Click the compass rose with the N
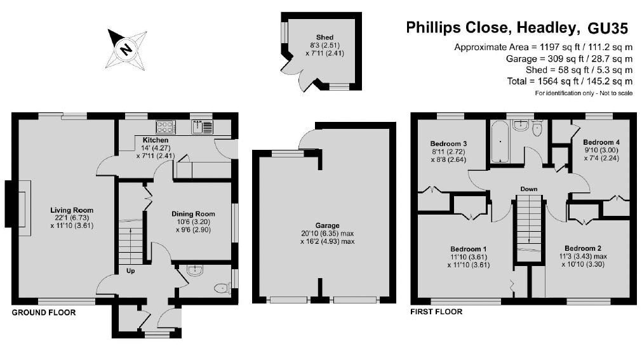126,49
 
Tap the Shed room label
324,45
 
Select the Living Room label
72,218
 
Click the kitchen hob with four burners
166,126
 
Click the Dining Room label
193,222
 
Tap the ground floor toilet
222,288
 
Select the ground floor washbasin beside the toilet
195,270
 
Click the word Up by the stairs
131,270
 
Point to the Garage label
328,233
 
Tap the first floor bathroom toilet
537,129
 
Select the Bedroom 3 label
448,152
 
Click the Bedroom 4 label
601,150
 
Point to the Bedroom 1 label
469,257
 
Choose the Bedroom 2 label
583,256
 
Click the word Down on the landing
529,189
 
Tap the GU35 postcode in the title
608,28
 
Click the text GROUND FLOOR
44,312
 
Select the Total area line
570,81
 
